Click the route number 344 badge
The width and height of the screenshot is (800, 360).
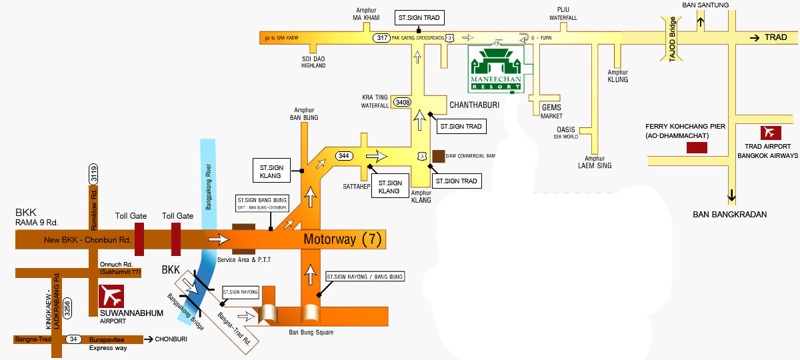point(344,155)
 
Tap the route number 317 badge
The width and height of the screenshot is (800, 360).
point(382,39)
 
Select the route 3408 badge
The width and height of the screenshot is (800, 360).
point(403,102)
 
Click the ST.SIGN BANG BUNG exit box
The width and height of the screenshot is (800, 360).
point(262,203)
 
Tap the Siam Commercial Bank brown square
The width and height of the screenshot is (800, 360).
point(438,156)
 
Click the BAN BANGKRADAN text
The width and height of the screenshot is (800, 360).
point(730,215)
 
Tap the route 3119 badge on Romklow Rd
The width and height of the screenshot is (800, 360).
point(94,175)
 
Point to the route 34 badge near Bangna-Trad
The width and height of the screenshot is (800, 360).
point(73,339)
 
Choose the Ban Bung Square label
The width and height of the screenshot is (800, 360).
point(310,331)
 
